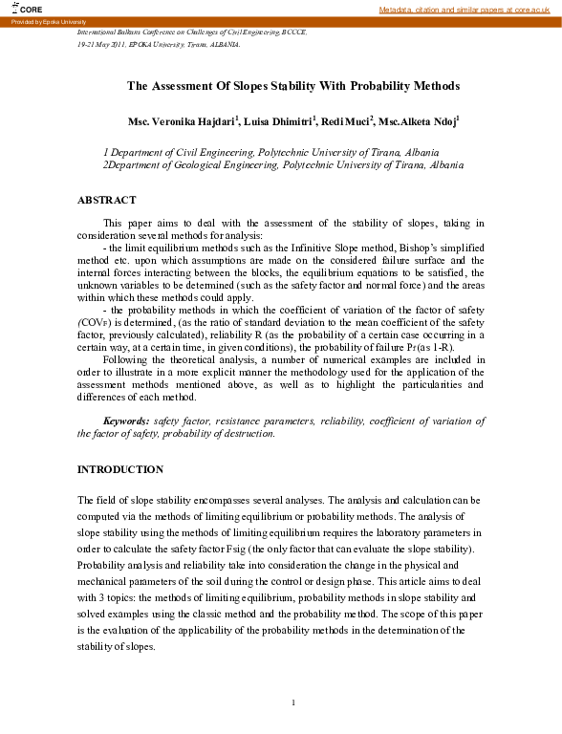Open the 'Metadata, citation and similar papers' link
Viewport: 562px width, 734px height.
(x=465, y=9)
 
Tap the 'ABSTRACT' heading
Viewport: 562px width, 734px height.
(x=106, y=200)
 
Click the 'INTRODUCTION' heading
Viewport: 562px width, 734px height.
(x=119, y=469)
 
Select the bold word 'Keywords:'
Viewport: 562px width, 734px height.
(x=126, y=421)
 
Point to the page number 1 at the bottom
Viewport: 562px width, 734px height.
(x=294, y=703)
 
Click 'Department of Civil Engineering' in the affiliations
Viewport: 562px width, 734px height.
(x=172, y=152)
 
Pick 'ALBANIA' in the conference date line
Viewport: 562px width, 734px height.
(x=223, y=44)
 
